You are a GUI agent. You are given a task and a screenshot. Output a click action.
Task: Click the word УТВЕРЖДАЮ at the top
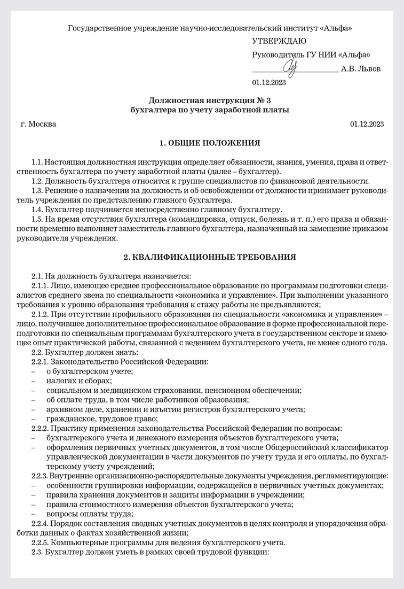click(x=279, y=41)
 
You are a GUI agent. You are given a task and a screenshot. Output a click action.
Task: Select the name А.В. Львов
click(x=361, y=69)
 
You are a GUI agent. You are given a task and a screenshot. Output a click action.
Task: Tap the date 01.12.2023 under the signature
click(x=269, y=82)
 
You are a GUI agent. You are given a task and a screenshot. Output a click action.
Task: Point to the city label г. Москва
click(x=38, y=124)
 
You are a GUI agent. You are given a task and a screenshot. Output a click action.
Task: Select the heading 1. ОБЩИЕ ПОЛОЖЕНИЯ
click(x=210, y=143)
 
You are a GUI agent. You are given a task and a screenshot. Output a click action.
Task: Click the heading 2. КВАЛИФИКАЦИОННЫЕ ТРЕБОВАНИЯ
click(x=210, y=257)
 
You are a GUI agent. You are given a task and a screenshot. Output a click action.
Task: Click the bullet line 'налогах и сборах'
click(x=79, y=381)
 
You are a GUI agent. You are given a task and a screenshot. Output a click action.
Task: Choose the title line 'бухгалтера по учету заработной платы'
click(x=210, y=110)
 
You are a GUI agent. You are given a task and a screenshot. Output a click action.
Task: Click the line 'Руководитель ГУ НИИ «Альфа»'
click(x=311, y=55)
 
